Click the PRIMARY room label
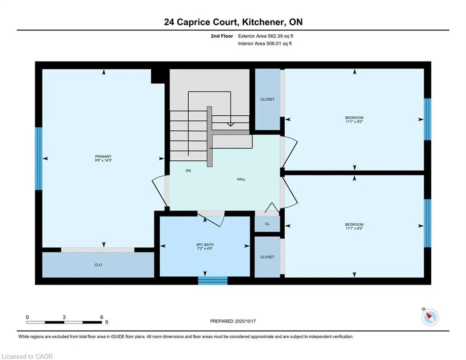103,157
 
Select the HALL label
241,179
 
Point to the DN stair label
188,171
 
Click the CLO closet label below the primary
98,265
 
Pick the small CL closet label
267,224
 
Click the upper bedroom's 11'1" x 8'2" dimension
354,122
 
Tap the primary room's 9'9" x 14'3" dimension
103,161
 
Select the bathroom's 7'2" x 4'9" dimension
205,249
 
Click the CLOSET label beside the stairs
267,99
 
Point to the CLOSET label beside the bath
267,257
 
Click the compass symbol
429,317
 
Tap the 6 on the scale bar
102,317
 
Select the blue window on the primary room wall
38,158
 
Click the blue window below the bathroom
213,280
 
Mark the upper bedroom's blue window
427,119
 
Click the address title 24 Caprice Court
233,22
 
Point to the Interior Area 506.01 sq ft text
266,44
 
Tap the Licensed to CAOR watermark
28,356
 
